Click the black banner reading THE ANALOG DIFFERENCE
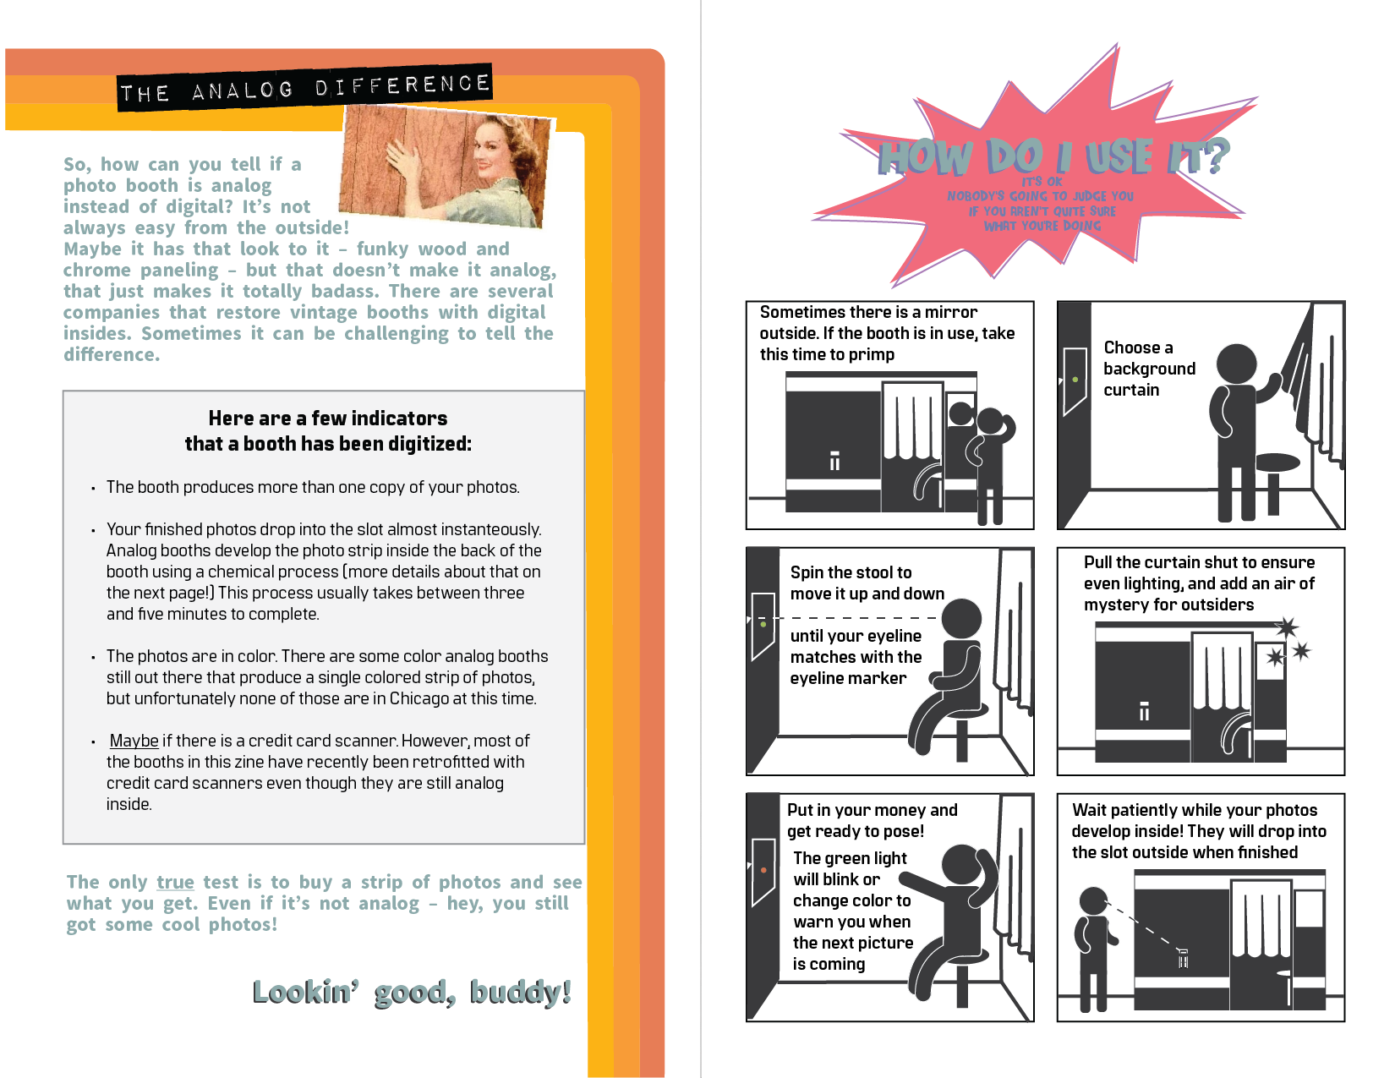pos(304,87)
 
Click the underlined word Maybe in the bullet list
pos(134,741)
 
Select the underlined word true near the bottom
pos(175,882)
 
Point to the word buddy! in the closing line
pos(520,992)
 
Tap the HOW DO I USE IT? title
pos(1053,156)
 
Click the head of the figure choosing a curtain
pos(1236,364)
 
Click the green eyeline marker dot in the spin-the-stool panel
pos(763,624)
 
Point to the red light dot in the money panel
pos(763,871)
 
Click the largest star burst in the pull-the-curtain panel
pos(1286,628)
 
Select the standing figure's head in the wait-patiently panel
pos(1093,900)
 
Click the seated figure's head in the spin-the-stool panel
pos(961,619)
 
